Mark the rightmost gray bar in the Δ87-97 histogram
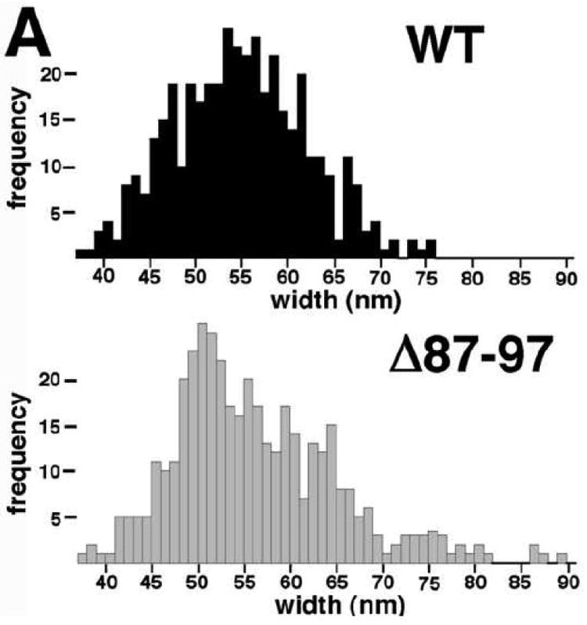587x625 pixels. [562, 558]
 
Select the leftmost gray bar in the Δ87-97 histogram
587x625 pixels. [81, 558]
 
